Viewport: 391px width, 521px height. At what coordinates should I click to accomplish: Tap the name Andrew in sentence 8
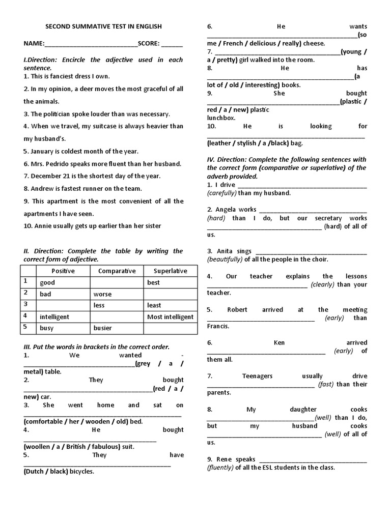[x=43, y=188]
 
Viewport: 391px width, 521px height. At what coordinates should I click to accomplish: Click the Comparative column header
[x=117, y=271]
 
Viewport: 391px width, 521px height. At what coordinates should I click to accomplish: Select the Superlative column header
[x=170, y=271]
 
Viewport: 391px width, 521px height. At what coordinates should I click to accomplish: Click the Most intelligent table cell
[x=170, y=316]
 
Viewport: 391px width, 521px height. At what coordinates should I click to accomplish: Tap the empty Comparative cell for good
[x=117, y=282]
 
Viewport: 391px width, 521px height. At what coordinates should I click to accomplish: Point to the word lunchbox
[x=221, y=118]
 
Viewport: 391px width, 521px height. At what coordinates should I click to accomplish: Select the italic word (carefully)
[x=221, y=193]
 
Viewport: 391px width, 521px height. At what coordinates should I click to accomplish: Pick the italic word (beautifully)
[x=225, y=259]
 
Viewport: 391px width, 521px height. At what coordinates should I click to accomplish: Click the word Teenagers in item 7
[x=257, y=376]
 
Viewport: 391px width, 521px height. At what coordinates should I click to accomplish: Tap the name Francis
[x=218, y=326]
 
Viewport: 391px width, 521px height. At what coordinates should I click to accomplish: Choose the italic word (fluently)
[x=220, y=468]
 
